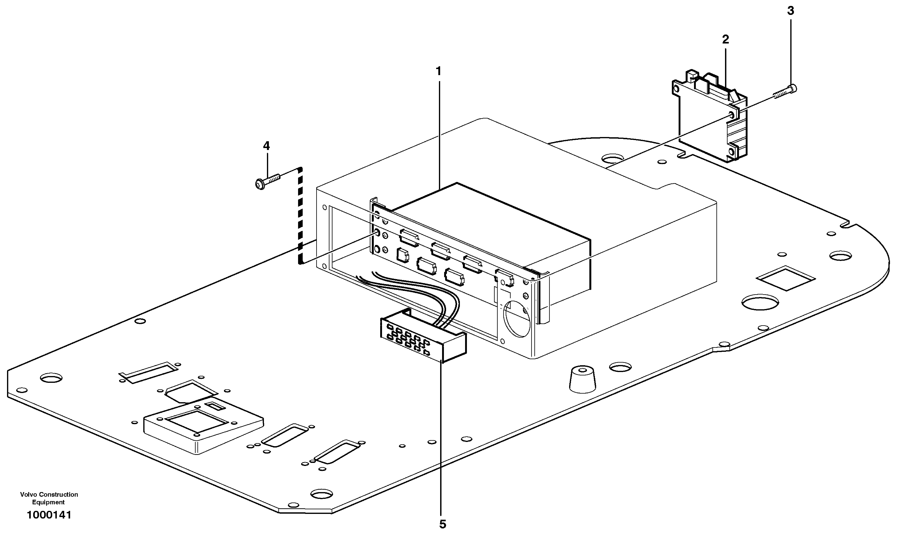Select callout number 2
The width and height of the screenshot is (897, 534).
coord(725,40)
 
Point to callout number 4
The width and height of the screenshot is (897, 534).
coord(266,146)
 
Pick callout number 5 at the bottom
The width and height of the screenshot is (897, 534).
coord(442,524)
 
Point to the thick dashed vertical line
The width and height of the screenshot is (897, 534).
coord(300,216)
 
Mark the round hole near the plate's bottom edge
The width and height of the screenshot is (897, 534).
coord(322,494)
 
